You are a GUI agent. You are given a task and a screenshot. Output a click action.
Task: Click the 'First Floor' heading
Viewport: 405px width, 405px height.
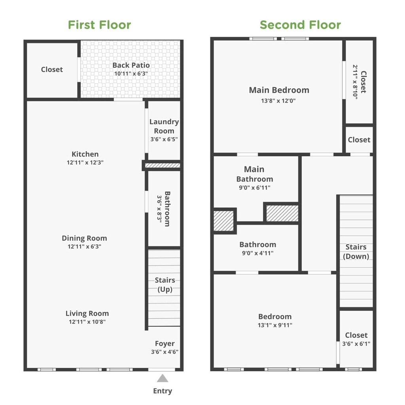click(x=99, y=25)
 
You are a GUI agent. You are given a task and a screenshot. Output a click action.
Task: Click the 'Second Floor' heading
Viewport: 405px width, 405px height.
click(x=300, y=25)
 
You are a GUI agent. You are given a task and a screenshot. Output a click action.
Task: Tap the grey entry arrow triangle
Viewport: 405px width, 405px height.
click(x=163, y=378)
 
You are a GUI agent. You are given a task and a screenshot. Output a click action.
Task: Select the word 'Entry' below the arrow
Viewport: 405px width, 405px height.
click(x=163, y=391)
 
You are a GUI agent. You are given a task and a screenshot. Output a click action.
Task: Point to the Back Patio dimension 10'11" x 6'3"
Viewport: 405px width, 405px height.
click(x=131, y=74)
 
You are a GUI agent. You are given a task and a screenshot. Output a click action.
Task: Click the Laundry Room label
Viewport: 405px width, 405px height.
click(x=164, y=126)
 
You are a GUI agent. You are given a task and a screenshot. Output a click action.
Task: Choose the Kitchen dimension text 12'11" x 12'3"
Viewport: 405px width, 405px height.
click(x=85, y=163)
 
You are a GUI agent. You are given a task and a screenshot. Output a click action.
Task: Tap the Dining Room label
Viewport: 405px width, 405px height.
click(x=84, y=238)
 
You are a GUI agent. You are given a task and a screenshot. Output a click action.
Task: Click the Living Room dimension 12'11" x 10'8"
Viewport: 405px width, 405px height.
click(x=87, y=322)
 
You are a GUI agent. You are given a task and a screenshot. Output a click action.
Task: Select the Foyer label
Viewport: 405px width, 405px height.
click(x=165, y=344)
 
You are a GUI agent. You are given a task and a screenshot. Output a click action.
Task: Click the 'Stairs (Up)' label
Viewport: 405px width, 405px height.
click(x=165, y=285)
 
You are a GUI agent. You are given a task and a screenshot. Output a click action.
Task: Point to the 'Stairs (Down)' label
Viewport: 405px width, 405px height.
click(x=356, y=252)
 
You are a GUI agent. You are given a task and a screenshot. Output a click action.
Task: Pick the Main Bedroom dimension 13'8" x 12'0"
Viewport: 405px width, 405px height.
click(x=278, y=101)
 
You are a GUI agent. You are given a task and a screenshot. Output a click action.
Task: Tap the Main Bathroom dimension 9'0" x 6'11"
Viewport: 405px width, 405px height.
click(x=254, y=188)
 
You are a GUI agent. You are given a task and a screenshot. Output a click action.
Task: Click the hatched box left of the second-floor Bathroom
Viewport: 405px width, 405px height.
click(x=224, y=221)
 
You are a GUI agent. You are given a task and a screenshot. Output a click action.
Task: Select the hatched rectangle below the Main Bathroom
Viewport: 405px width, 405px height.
click(x=282, y=213)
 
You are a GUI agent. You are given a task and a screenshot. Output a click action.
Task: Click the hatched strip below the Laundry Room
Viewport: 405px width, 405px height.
click(x=163, y=165)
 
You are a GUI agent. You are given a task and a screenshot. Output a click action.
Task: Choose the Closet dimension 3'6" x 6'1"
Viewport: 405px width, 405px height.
click(x=356, y=344)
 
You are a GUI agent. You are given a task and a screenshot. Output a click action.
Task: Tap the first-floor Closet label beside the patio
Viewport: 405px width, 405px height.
click(x=52, y=70)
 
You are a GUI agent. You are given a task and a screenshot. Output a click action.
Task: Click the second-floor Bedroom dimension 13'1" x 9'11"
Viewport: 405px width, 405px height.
click(x=275, y=325)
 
